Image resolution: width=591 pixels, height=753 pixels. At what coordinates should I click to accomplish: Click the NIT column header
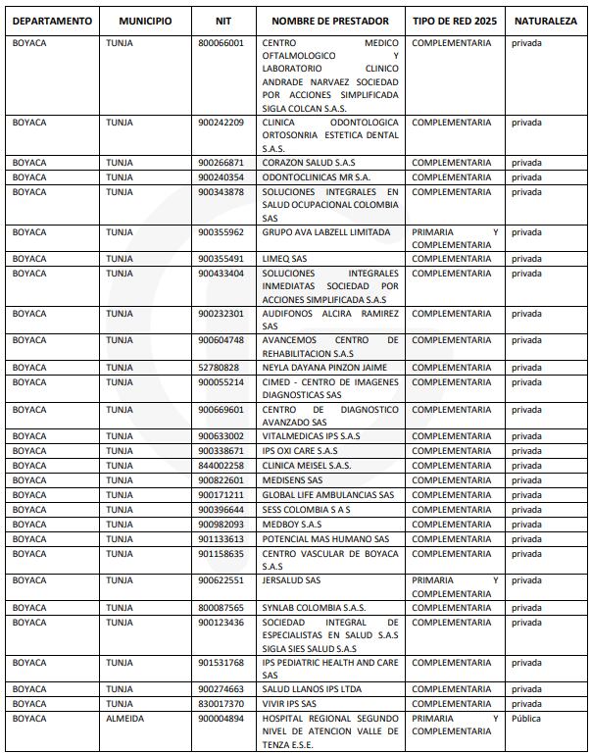click(x=223, y=21)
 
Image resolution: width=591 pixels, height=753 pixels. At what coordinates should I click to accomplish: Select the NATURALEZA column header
click(x=546, y=21)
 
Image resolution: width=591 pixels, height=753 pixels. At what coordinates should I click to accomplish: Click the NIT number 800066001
click(x=221, y=44)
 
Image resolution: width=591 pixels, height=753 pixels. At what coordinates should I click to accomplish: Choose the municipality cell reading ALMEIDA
click(x=125, y=719)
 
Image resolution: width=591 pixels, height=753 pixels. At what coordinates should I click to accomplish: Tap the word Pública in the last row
click(x=526, y=719)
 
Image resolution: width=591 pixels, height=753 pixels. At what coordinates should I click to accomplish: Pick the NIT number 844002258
click(x=221, y=466)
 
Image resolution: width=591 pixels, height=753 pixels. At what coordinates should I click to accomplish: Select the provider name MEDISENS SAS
click(x=292, y=480)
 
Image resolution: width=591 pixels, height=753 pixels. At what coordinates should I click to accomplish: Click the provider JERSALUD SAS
click(x=291, y=580)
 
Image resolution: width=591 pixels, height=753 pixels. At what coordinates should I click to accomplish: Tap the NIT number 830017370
click(x=221, y=704)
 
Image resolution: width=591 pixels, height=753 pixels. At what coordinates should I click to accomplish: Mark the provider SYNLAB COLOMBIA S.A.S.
click(x=314, y=608)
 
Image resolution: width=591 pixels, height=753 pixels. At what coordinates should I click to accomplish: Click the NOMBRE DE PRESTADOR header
click(x=330, y=21)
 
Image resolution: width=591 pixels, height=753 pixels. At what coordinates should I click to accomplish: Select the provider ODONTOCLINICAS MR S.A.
click(x=317, y=177)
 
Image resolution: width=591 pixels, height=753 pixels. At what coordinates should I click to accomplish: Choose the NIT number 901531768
click(x=221, y=663)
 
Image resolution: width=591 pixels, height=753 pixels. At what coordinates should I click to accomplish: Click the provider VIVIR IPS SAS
click(x=289, y=704)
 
